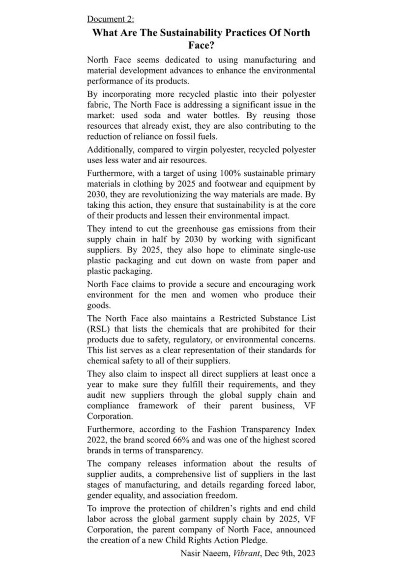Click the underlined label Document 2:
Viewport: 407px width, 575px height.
click(110, 19)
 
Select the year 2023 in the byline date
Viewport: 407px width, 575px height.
click(305, 553)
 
